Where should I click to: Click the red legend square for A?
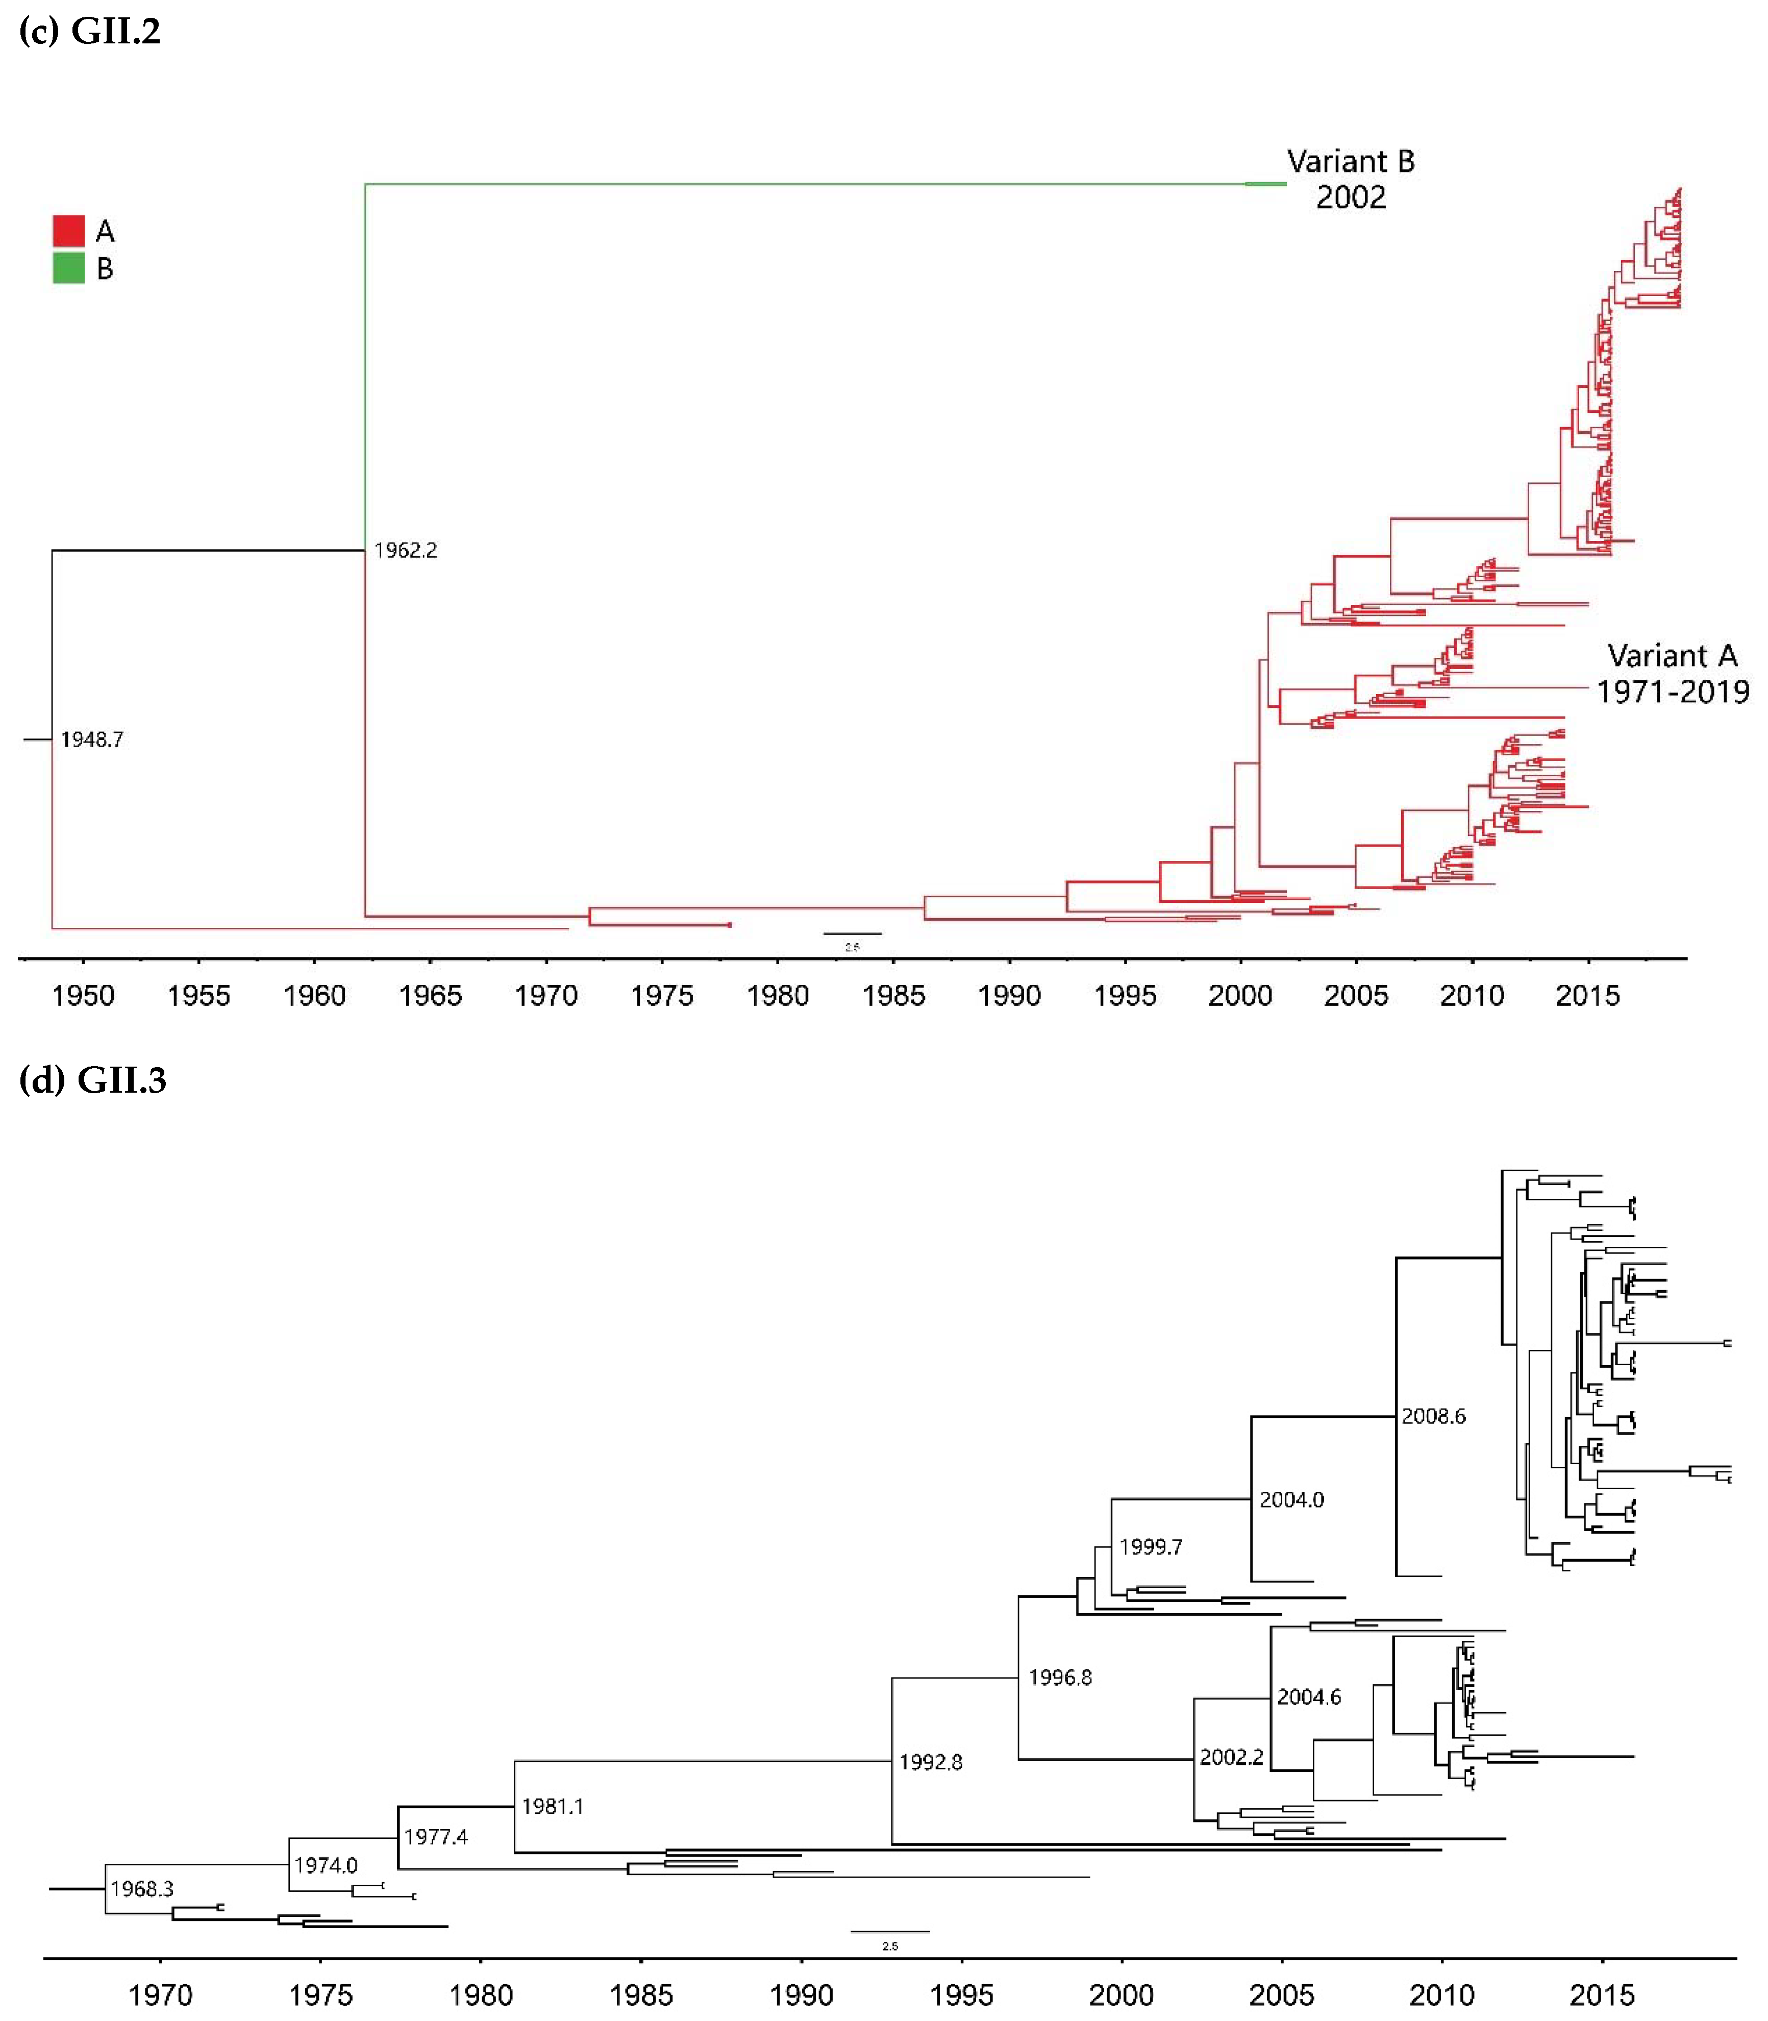pos(68,231)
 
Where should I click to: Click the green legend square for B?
pos(68,267)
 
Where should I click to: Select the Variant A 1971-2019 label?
pos(1672,673)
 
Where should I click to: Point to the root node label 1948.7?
pos(92,739)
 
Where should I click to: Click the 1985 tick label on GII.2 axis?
pos(893,995)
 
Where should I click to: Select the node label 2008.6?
pos(1434,1416)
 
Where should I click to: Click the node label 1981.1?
pos(553,1806)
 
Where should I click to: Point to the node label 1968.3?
pos(142,1888)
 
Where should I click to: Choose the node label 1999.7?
pos(1151,1546)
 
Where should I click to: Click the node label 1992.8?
pos(930,1761)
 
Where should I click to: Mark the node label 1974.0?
pos(326,1865)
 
